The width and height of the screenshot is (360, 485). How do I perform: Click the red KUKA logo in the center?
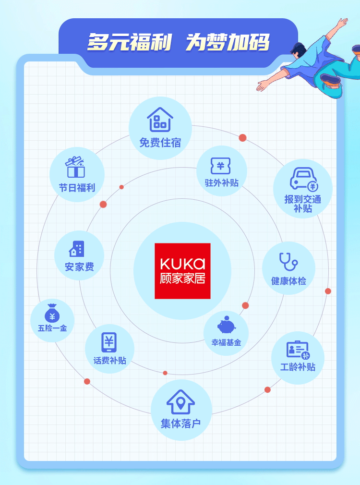point(182,271)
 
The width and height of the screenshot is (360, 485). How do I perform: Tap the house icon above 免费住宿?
point(160,120)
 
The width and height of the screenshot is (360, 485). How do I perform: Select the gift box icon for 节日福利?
point(75,167)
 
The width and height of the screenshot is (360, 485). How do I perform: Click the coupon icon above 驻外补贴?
point(220,166)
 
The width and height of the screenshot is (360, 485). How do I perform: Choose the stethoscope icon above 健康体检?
point(288,262)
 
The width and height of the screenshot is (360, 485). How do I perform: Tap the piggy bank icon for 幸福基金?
point(227,325)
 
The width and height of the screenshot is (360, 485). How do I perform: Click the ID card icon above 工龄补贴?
point(298,350)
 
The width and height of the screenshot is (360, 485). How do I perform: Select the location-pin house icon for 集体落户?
point(180,402)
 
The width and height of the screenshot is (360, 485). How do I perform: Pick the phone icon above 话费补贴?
point(109,342)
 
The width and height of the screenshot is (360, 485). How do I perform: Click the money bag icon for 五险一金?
point(52,313)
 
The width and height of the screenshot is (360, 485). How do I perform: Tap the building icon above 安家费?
point(77,249)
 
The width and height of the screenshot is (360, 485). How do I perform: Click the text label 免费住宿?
point(160,143)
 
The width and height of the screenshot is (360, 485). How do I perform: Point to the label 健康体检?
point(288,281)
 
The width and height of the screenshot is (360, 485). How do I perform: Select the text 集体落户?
point(180,424)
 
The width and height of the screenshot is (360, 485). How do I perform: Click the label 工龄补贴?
point(298,367)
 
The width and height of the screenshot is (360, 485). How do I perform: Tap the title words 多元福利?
point(129,42)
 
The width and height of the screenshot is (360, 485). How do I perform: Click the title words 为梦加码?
point(228,42)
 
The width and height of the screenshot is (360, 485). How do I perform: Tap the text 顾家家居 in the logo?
point(182,279)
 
